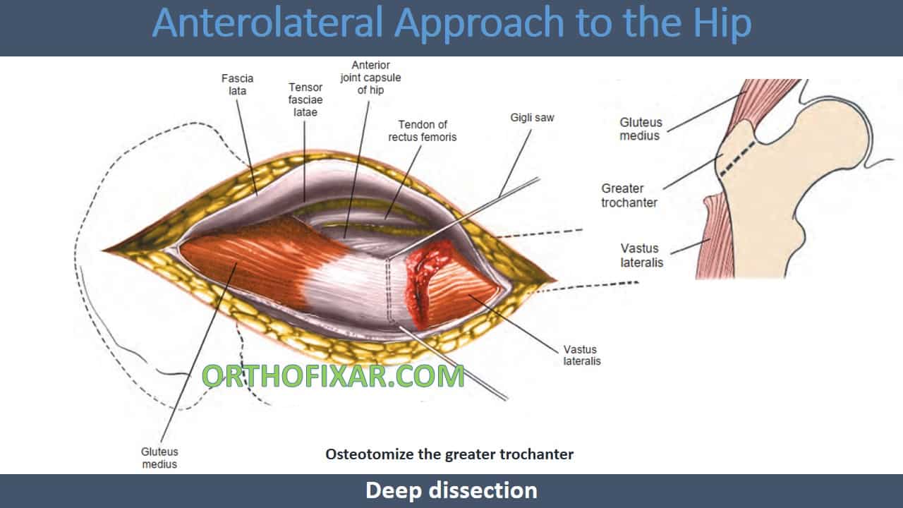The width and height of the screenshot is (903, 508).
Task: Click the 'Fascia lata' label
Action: tap(238, 85)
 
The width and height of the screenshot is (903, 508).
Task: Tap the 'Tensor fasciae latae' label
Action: tap(305, 99)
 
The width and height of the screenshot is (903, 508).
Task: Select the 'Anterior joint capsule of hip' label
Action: tap(370, 78)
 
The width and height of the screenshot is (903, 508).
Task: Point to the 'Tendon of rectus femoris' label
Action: tap(422, 131)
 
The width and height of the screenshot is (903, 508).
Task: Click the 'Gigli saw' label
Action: tap(532, 118)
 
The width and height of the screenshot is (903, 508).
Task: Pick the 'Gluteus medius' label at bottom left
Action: tap(159, 458)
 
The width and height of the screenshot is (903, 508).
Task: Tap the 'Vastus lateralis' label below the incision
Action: tap(582, 355)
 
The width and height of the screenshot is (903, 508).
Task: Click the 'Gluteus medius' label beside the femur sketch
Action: tap(641, 129)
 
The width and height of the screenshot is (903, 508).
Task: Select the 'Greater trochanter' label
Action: tap(629, 195)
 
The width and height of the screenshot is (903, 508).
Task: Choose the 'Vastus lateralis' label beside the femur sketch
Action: tap(641, 255)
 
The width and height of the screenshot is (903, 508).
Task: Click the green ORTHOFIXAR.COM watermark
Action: tap(333, 376)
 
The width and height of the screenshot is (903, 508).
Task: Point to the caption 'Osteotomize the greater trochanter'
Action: tap(449, 454)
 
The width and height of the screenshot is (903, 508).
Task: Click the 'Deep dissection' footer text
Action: tap(451, 490)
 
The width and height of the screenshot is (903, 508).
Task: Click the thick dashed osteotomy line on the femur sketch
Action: tap(737, 159)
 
